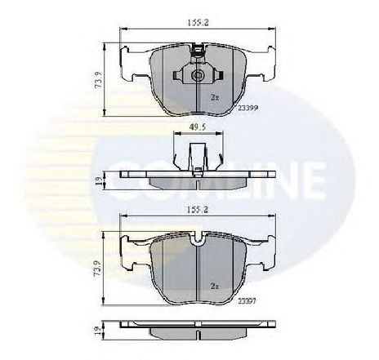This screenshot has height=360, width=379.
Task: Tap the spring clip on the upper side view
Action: point(197,155)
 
